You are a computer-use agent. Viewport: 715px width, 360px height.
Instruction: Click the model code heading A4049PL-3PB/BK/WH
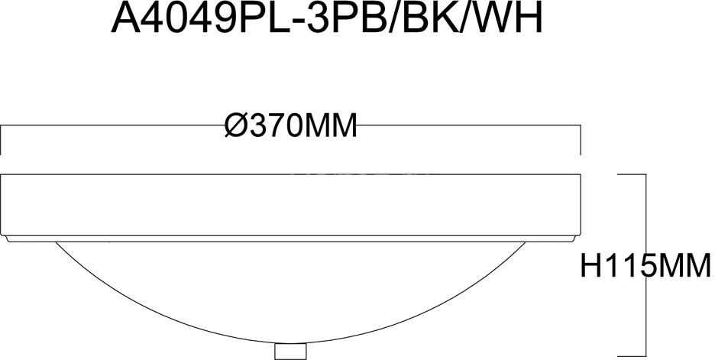coord(327,19)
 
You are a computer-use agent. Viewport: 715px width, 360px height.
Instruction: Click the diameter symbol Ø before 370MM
coord(238,125)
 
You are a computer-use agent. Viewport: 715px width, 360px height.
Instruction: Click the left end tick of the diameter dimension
coord(2,140)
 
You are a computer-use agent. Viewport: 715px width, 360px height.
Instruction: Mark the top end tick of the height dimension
coord(632,174)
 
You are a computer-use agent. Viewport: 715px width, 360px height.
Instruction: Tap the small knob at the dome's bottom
coord(290,352)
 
